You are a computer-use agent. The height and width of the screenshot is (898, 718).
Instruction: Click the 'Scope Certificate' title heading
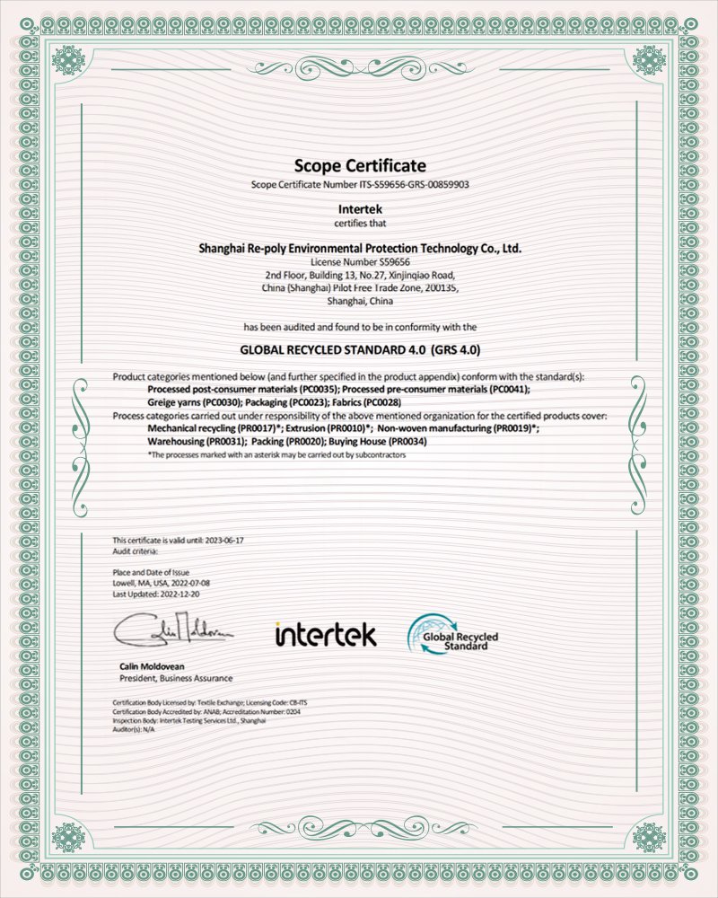click(359, 165)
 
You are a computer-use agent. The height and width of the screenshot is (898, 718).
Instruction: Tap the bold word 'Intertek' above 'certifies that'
click(359, 210)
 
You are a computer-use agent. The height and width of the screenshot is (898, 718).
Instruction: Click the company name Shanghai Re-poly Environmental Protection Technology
click(359, 246)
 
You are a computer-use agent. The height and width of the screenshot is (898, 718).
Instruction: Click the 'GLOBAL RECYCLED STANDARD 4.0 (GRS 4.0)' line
click(359, 348)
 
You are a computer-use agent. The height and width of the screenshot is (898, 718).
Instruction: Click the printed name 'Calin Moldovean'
click(151, 666)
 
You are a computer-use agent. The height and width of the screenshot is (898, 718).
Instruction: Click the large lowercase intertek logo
click(325, 634)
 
